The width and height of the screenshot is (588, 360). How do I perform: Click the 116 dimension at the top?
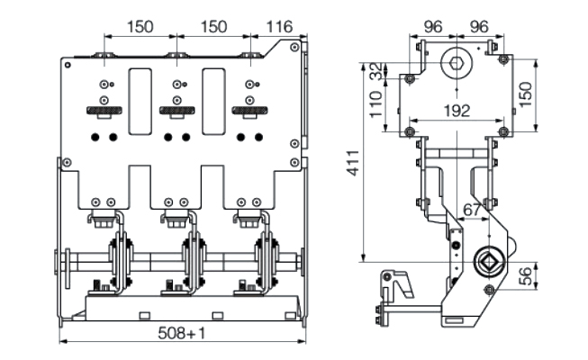[x=276, y=26]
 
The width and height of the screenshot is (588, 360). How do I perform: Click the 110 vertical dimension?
[x=377, y=106]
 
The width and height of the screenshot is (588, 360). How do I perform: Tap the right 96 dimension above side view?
[x=478, y=26]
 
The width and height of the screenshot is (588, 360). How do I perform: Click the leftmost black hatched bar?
[x=104, y=112]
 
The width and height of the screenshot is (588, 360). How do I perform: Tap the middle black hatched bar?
[x=177, y=112]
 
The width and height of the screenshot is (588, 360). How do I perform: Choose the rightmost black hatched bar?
[x=250, y=112]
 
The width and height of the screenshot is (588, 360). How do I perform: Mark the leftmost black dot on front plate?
[x=94, y=137]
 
